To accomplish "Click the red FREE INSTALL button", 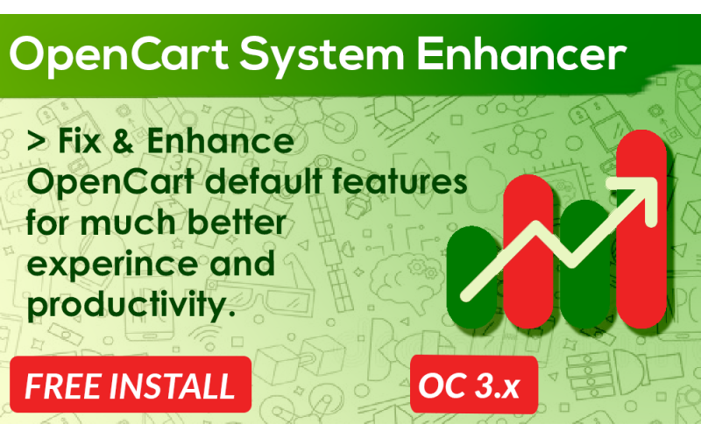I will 130,386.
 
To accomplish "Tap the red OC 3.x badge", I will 467,385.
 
